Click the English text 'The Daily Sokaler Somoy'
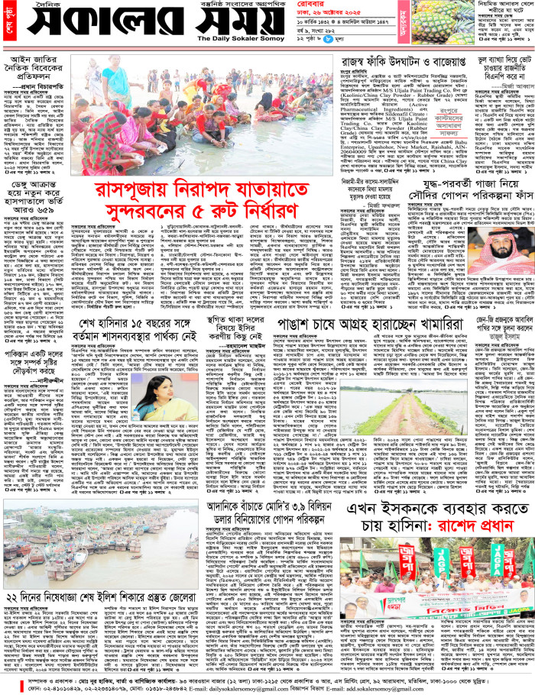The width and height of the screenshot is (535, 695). click(x=238, y=37)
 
